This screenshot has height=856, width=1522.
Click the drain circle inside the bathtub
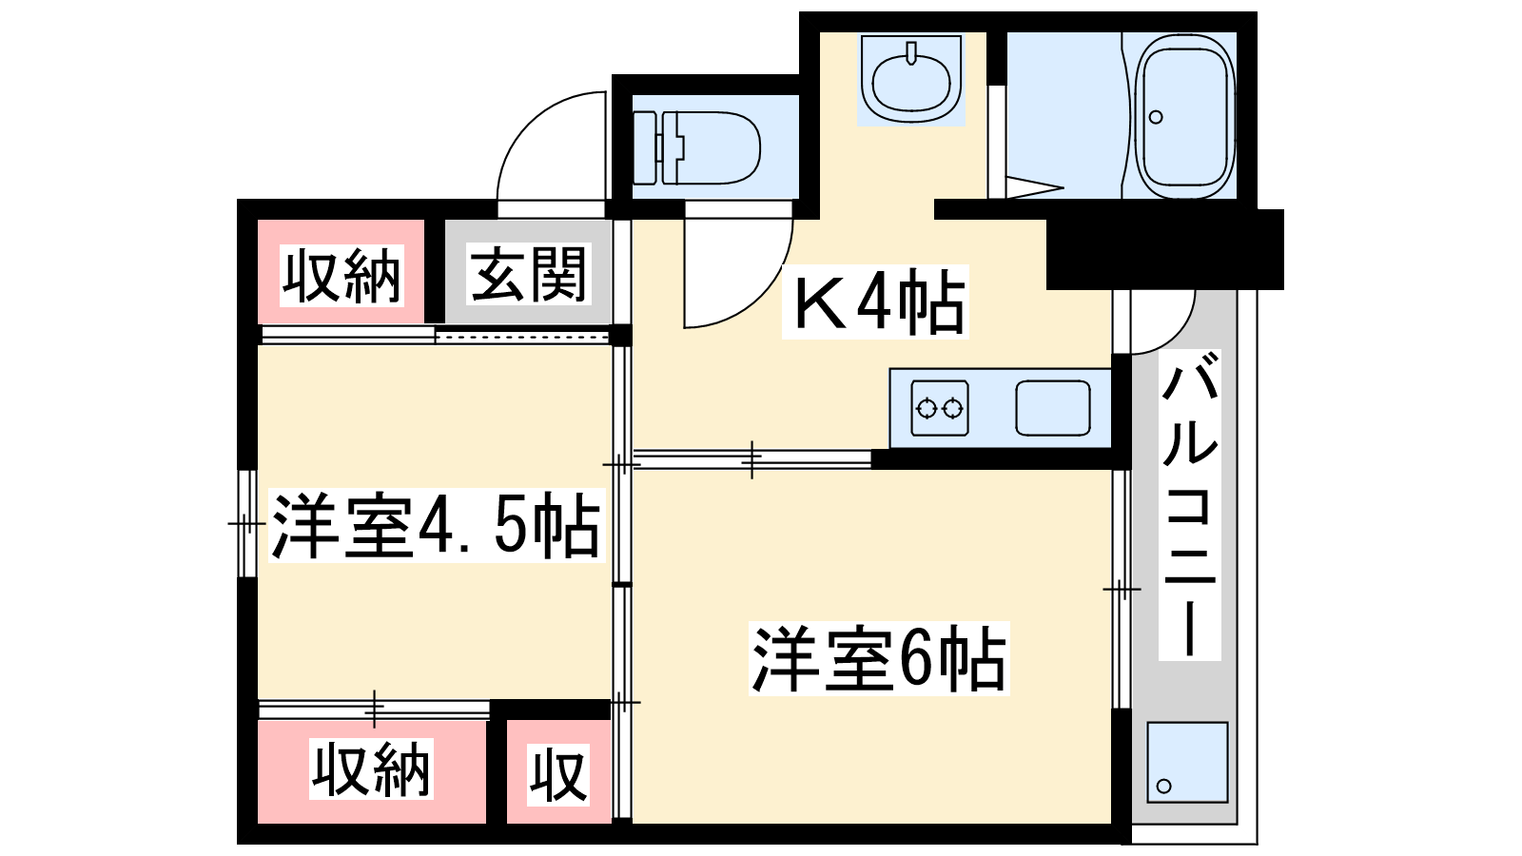click(1155, 117)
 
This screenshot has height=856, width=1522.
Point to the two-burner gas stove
click(940, 408)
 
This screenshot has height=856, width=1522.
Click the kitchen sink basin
click(1052, 408)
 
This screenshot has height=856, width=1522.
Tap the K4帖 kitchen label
click(876, 302)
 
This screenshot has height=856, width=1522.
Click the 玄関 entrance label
click(529, 275)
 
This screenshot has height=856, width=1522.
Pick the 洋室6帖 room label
click(879, 658)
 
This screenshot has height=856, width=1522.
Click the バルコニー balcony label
click(1189, 505)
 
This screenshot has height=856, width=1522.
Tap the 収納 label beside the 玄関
click(341, 276)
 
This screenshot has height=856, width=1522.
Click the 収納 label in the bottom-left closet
click(371, 769)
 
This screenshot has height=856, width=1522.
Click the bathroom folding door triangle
click(1034, 187)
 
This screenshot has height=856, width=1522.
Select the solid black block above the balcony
click(1164, 249)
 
